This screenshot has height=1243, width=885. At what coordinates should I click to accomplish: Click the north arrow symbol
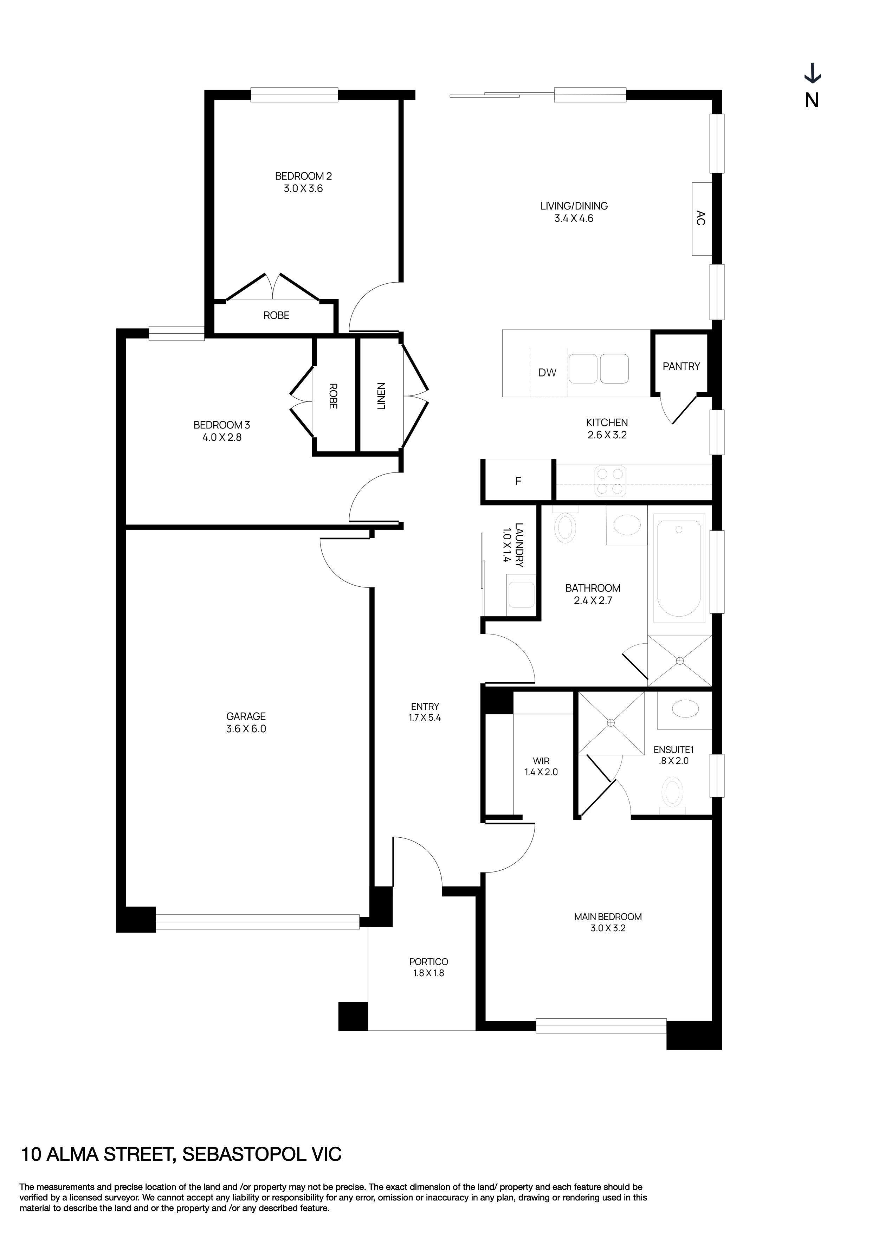pos(812,75)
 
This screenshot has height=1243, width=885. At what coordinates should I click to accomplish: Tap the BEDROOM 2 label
pos(303,176)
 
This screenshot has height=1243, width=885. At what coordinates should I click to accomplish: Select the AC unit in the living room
pos(701,219)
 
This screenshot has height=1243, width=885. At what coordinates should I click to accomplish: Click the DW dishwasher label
pos(547,373)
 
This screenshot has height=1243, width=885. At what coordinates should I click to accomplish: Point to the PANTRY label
pos(681,367)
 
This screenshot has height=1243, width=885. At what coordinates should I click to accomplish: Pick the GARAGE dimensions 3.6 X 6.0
pos(246,729)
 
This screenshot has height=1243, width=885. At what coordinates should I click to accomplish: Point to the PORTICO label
pos(428,962)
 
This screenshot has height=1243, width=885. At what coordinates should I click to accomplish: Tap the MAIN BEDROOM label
pos(608,916)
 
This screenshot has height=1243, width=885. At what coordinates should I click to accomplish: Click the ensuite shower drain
pos(611,723)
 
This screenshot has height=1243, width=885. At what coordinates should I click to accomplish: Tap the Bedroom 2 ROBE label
pos(276,316)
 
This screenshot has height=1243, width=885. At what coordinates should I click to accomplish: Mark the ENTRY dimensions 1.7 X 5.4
pos(425,718)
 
